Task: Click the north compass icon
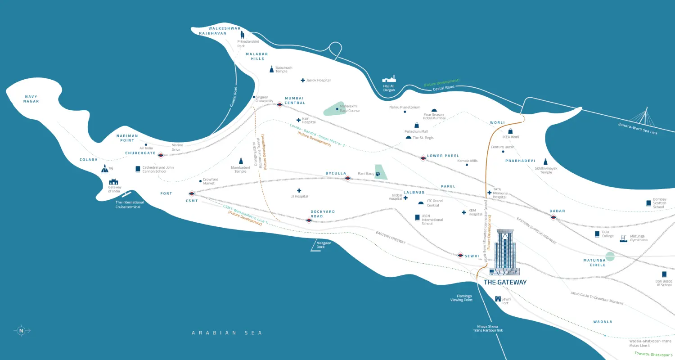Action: pyautogui.click(x=21, y=331)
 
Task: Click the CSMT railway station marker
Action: pyautogui.click(x=192, y=194)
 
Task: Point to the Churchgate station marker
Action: pyautogui.click(x=161, y=155)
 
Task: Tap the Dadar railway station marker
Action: pyautogui.click(x=554, y=217)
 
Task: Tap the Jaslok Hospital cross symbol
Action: pyautogui.click(x=302, y=81)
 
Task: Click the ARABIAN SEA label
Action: pyautogui.click(x=227, y=333)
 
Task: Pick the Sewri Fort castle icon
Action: pyautogui.click(x=497, y=299)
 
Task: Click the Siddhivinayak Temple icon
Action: pyautogui.click(x=545, y=162)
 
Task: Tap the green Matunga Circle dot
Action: pyautogui.click(x=610, y=256)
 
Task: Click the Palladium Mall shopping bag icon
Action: pyautogui.click(x=417, y=125)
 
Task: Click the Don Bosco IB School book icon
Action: pyautogui.click(x=664, y=274)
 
